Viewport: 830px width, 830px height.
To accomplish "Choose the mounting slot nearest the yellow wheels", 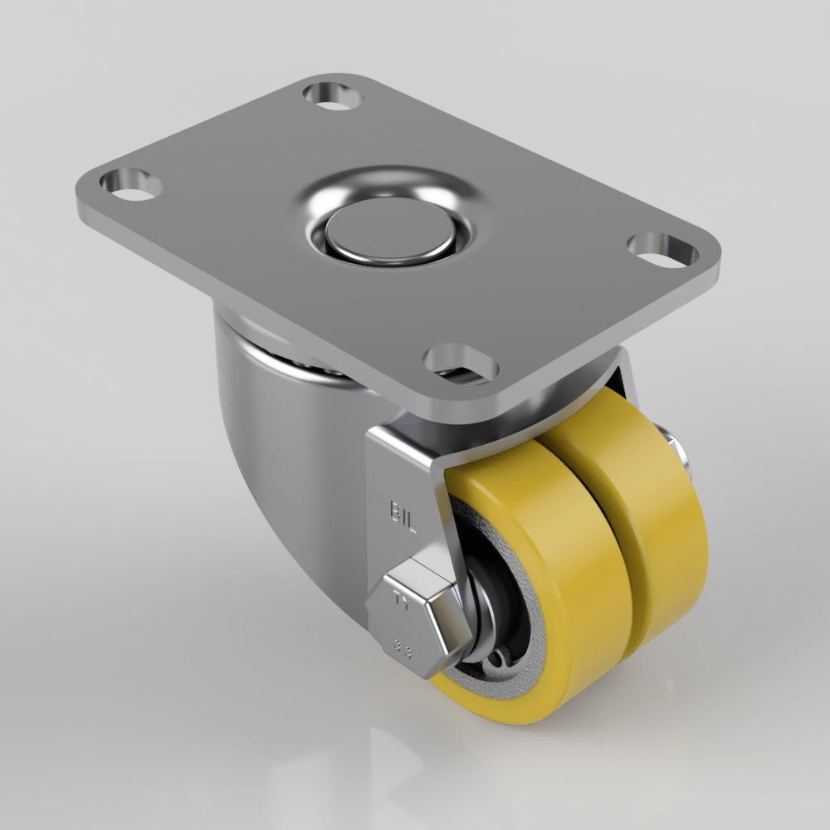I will (x=458, y=364).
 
